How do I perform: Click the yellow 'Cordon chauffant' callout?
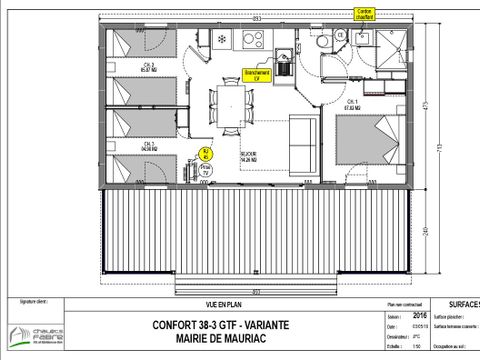363,13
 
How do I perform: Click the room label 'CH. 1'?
352,102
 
